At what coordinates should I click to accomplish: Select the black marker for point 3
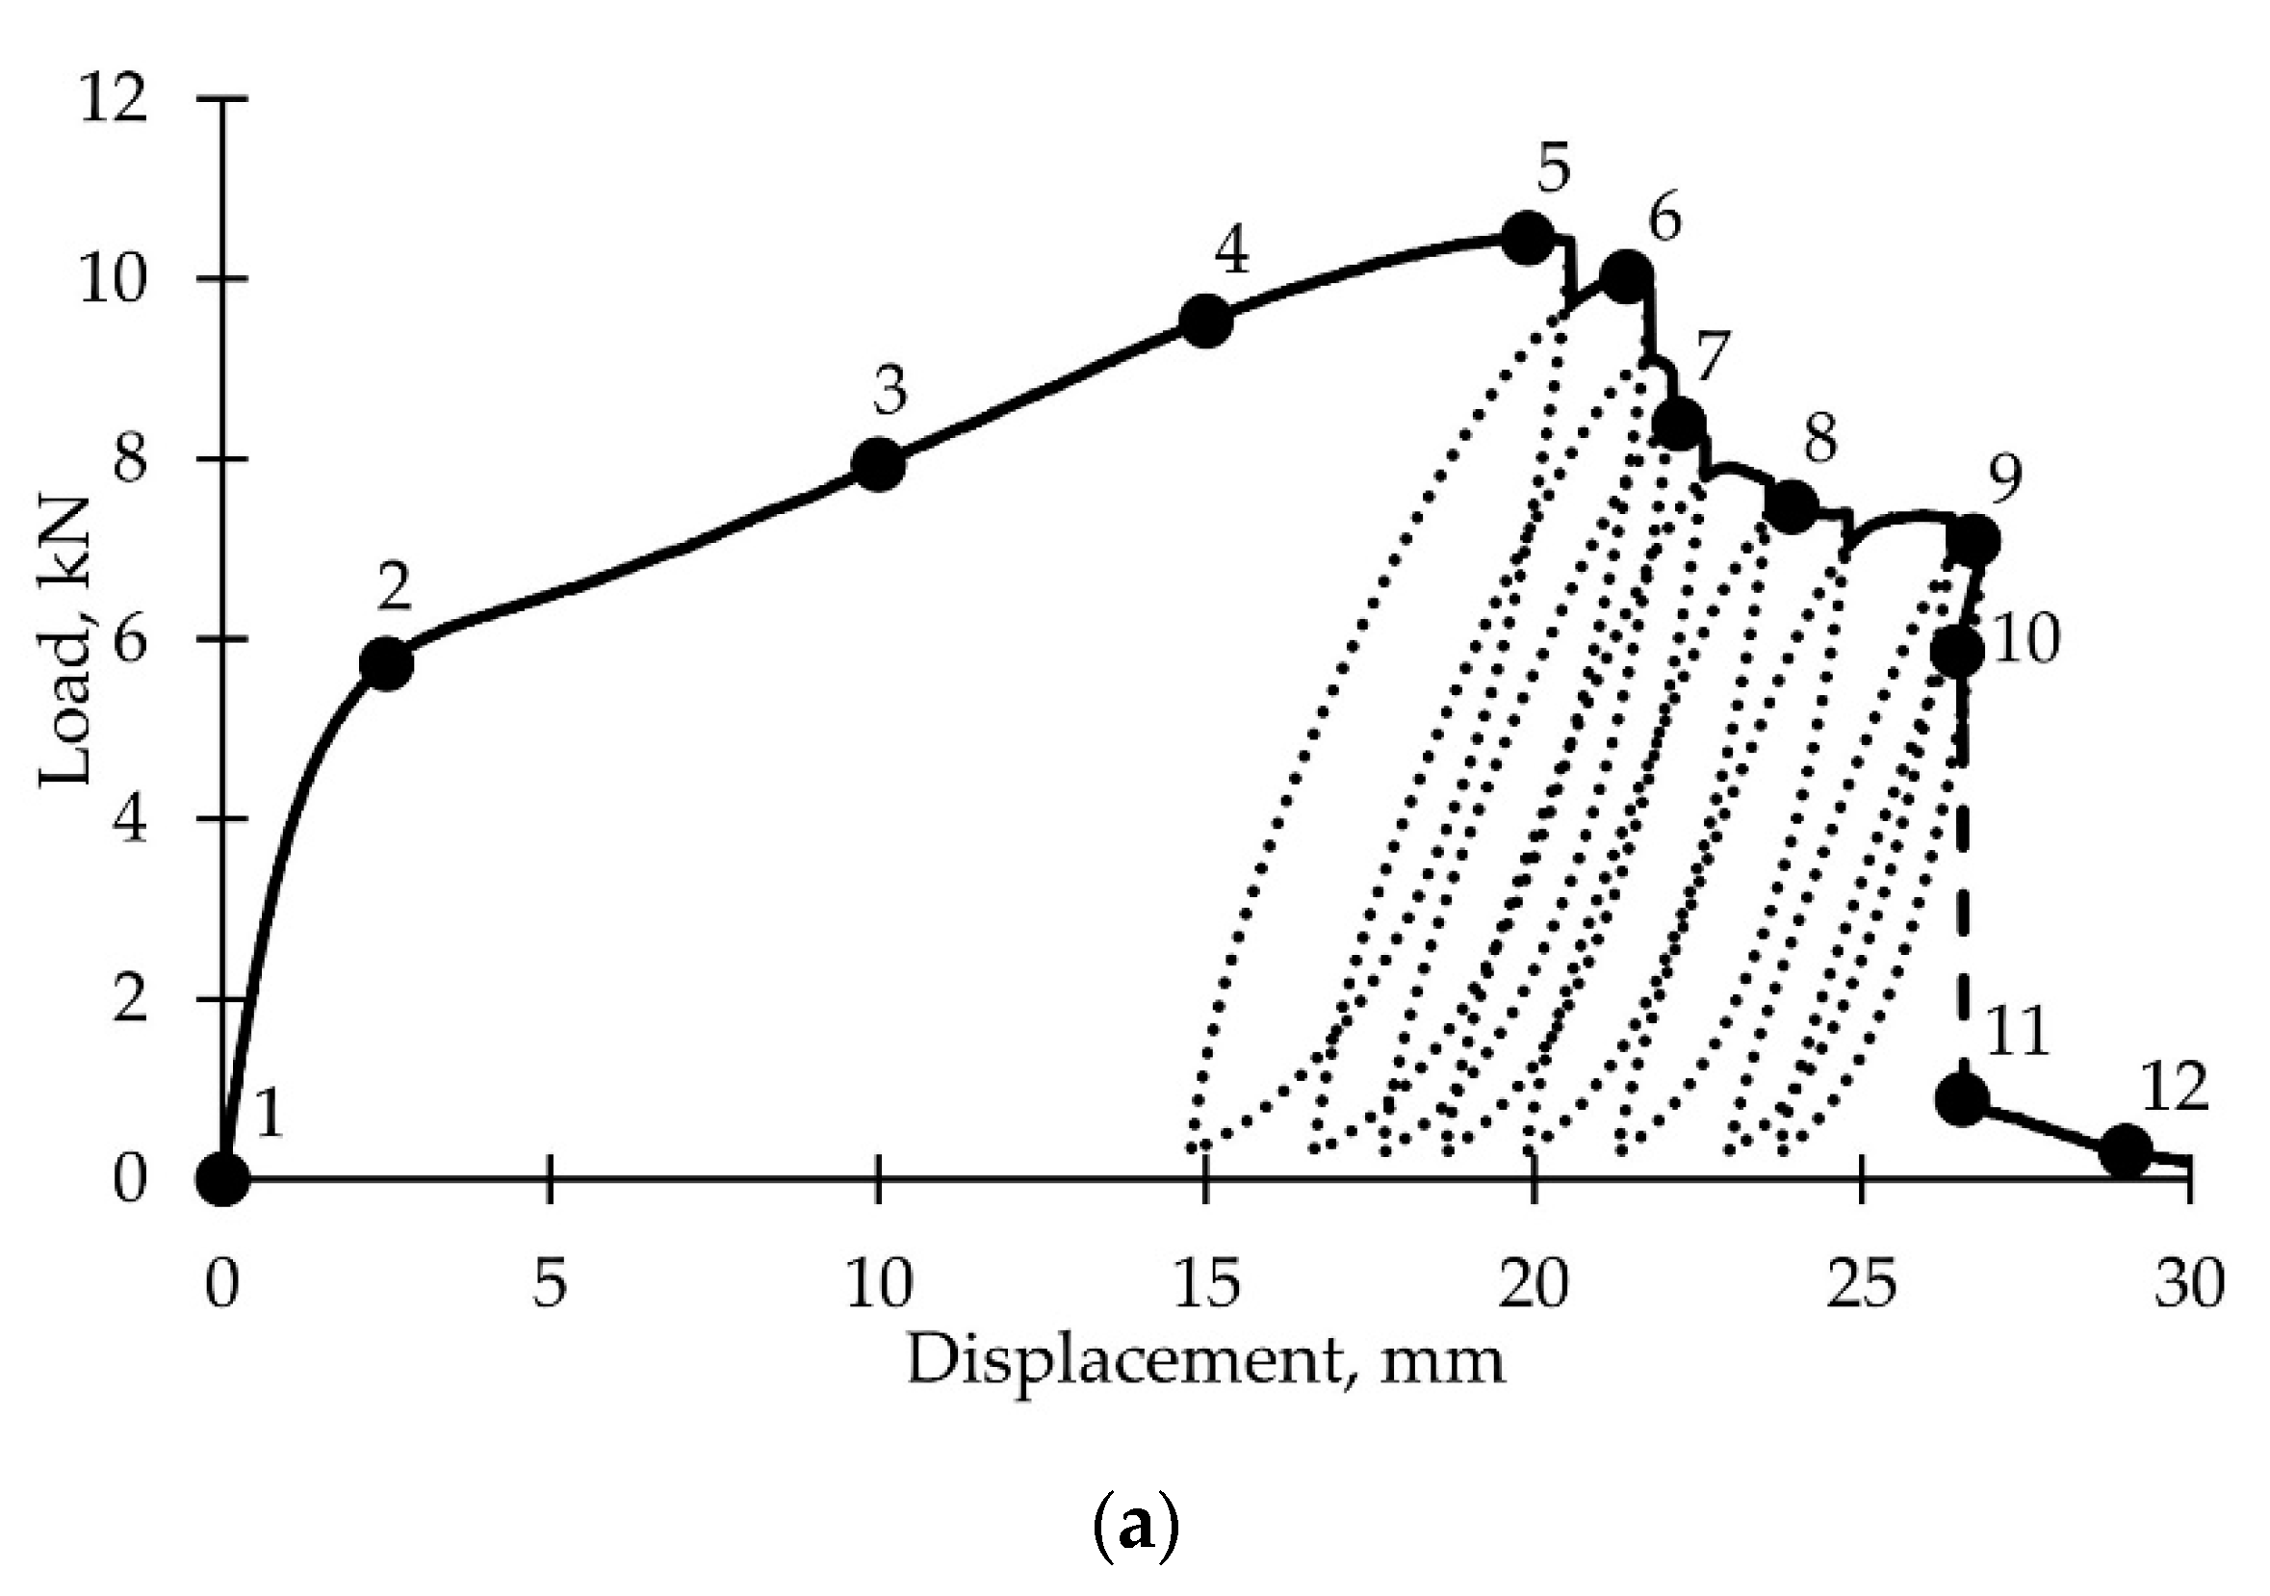878,464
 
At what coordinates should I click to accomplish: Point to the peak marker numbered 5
1528,238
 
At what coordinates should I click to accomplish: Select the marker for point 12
2126,1149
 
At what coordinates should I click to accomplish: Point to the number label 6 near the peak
1663,219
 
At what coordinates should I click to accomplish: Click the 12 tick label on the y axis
115,100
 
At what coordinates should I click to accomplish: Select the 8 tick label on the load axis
130,460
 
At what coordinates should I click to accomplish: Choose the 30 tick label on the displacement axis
2189,1286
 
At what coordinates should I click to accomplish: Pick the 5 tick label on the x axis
550,1286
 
